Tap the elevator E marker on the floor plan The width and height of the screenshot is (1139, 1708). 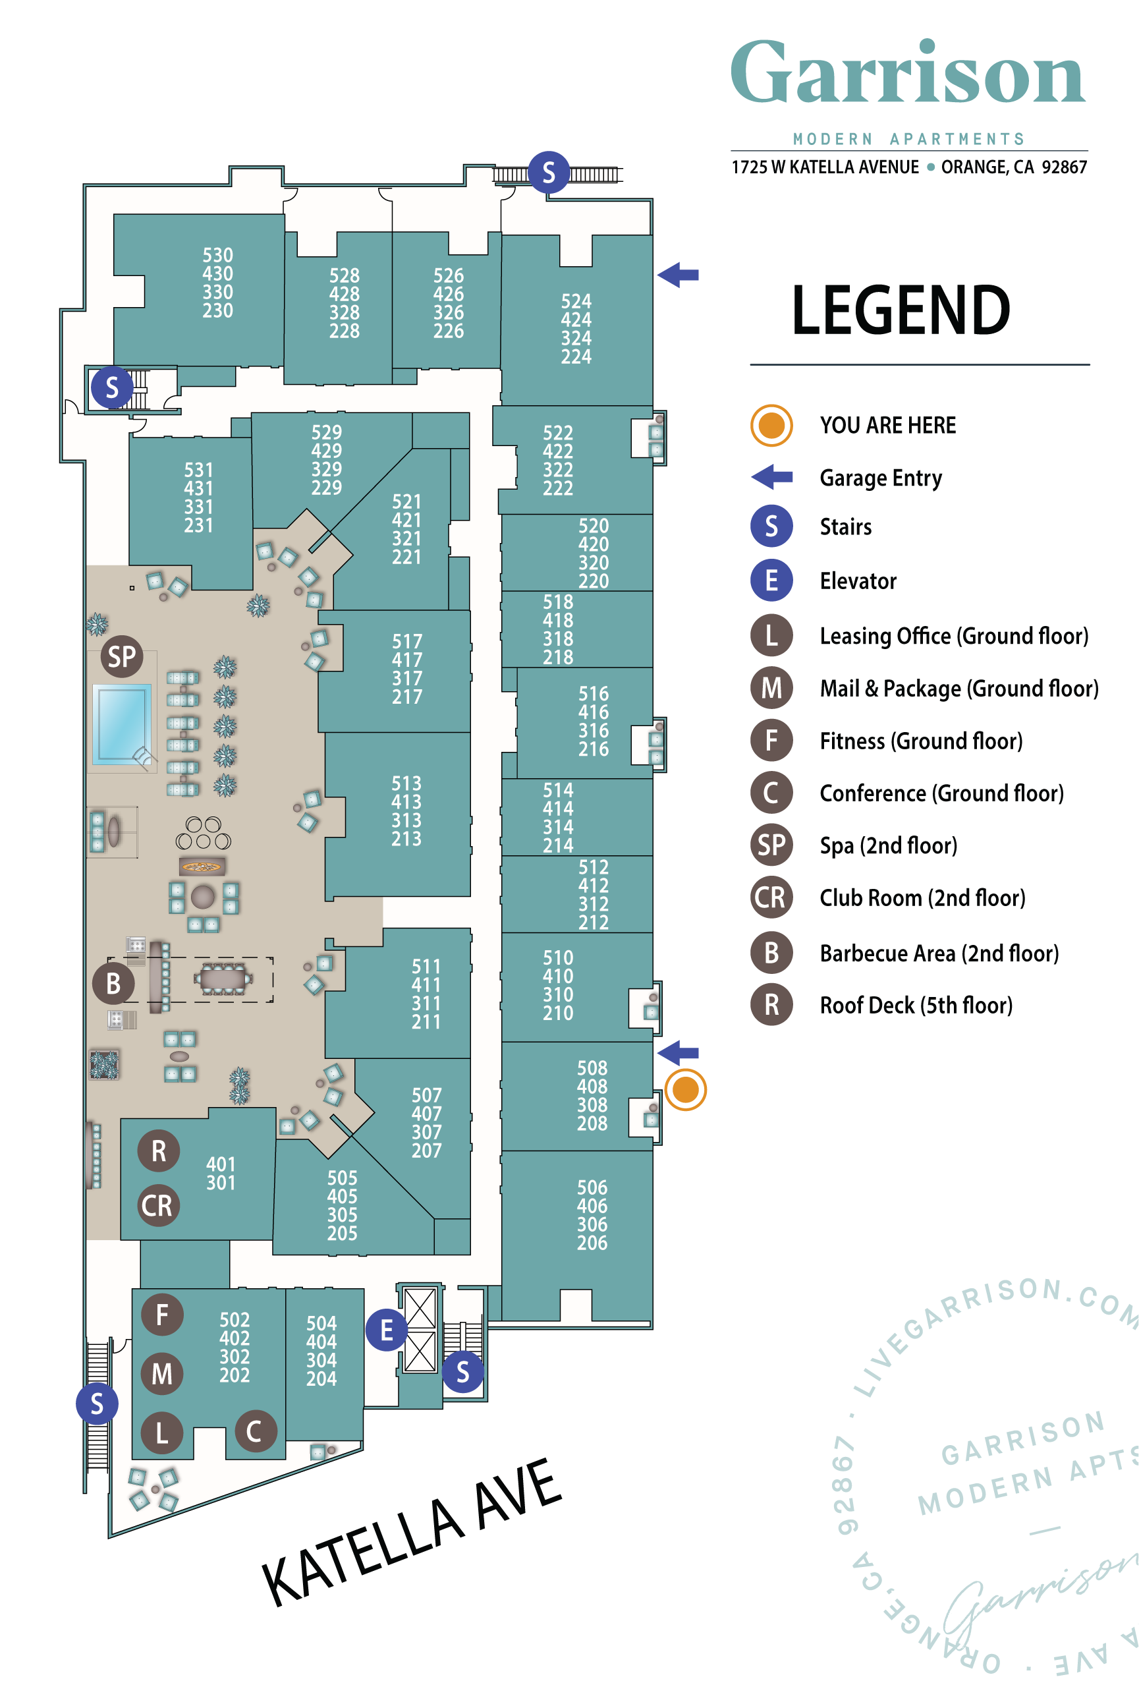(387, 1330)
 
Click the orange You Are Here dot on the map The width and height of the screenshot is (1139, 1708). (685, 1090)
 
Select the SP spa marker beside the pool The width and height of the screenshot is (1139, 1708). (121, 657)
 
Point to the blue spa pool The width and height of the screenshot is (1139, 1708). (121, 724)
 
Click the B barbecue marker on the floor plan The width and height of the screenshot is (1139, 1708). (113, 984)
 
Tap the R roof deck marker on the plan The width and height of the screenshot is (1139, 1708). (158, 1151)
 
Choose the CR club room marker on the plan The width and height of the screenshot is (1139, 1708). (157, 1206)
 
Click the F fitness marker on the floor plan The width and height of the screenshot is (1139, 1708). (162, 1315)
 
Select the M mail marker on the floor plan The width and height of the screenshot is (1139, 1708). (162, 1374)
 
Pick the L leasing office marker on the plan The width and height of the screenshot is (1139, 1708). (162, 1433)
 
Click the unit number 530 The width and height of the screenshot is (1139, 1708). (218, 256)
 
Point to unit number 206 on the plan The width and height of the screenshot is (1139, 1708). (592, 1243)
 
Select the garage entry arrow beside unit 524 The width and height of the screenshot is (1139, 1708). (678, 275)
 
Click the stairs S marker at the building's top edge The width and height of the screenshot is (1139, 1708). (549, 172)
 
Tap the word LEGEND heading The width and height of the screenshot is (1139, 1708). (901, 310)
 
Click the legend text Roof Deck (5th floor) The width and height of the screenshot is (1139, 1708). (916, 1006)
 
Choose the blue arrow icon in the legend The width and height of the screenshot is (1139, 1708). (771, 477)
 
